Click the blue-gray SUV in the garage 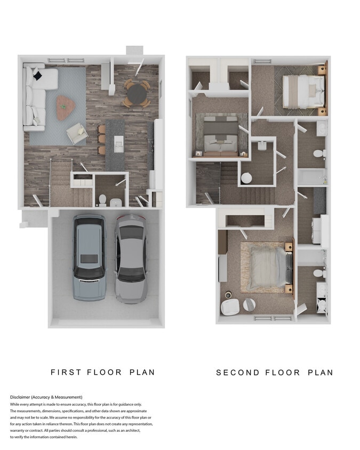tap(89, 258)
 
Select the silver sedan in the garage tap(131, 258)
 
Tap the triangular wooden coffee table tap(66, 107)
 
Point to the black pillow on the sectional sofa tap(37, 76)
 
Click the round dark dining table tap(137, 94)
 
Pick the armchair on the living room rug tap(77, 132)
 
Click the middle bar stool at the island tap(102, 140)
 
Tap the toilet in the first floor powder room tap(102, 200)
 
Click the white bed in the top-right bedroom tap(303, 91)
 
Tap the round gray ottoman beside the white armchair tap(249, 304)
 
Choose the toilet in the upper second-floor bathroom tap(319, 154)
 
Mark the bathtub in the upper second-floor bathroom tap(311, 176)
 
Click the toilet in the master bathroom tap(319, 273)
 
